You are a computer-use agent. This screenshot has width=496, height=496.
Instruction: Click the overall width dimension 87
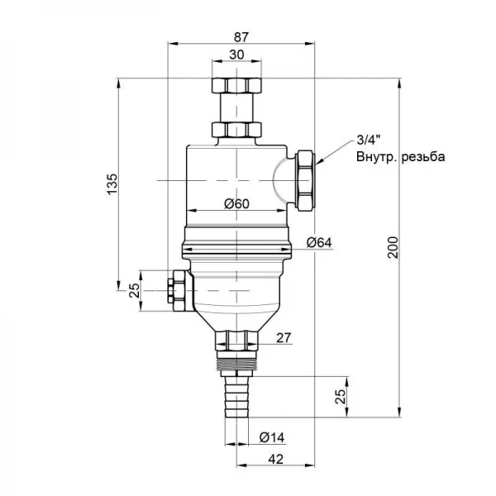click(241, 37)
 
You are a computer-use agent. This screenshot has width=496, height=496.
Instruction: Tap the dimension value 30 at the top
click(236, 55)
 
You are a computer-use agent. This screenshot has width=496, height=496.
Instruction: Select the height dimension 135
click(112, 184)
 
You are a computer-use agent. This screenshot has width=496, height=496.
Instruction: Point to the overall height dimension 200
click(393, 247)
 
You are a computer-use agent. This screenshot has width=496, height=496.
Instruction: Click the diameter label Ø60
click(237, 204)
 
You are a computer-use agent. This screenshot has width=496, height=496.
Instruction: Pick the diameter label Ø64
click(319, 242)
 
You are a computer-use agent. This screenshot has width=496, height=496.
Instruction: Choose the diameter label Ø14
click(272, 438)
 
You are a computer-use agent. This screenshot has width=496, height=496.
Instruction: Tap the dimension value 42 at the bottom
click(275, 460)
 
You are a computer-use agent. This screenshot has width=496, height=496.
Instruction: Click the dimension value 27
click(283, 338)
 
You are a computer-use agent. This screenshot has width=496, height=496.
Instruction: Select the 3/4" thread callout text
click(369, 141)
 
